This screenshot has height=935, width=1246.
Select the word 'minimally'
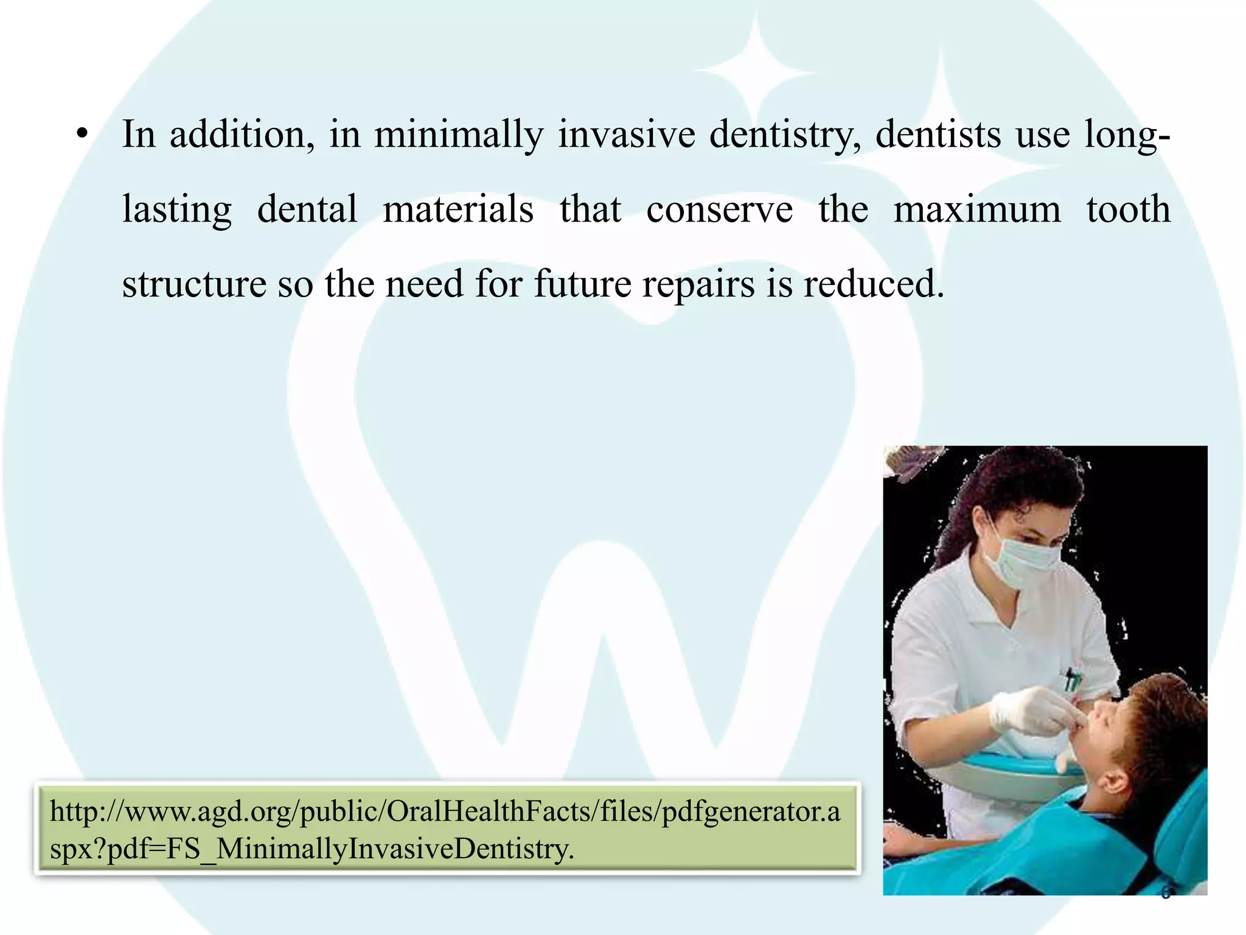(458, 135)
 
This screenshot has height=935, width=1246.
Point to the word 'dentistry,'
(785, 135)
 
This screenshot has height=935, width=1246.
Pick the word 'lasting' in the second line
(176, 210)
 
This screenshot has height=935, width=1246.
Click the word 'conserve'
(719, 210)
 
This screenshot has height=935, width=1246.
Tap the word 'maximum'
(976, 210)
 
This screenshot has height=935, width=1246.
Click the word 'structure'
(194, 284)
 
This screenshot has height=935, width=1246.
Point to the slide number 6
(1165, 893)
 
